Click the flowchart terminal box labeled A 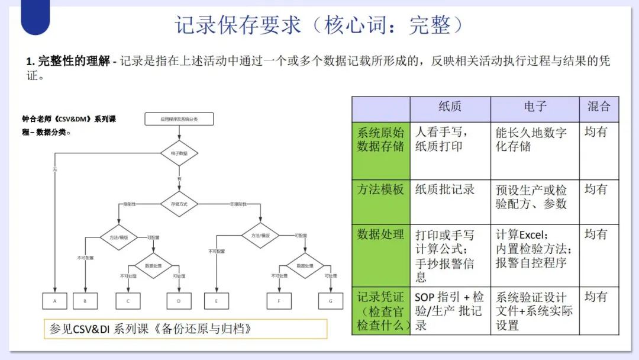(55, 301)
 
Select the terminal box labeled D (179, 301)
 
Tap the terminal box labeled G (331, 301)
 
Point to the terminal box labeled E (217, 301)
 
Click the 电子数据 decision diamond (179, 153)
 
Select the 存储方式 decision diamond (179, 204)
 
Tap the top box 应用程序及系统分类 (179, 119)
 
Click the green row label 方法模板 (380, 189)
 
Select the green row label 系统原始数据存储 (380, 139)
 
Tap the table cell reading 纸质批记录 (445, 189)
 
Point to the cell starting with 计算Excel (532, 249)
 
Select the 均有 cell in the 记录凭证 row (596, 297)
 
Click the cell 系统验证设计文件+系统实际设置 (532, 311)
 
